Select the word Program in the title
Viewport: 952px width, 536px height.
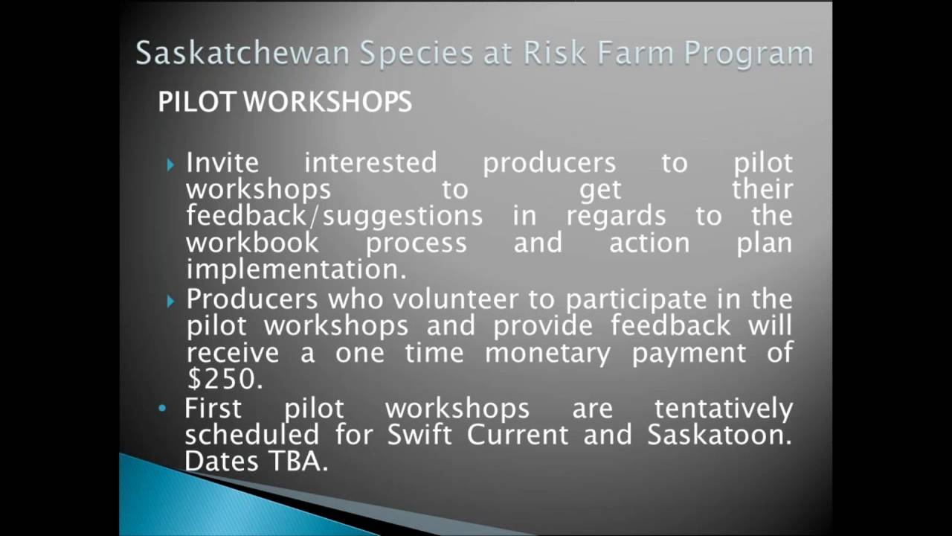click(748, 54)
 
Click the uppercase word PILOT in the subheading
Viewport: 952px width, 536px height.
click(196, 102)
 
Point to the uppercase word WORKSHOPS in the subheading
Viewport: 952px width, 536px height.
click(327, 102)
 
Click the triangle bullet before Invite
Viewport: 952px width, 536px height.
click(171, 165)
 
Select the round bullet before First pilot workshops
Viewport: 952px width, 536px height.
click(163, 409)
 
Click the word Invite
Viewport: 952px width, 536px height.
click(222, 162)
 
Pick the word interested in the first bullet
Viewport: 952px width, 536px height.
click(370, 162)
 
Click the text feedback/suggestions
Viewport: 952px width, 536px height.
click(334, 216)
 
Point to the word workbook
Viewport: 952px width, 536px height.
click(253, 243)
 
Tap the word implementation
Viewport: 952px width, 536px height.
click(296, 269)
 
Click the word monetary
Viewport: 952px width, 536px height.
click(547, 353)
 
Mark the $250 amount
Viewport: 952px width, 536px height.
click(224, 380)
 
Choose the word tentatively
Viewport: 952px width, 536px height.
click(724, 408)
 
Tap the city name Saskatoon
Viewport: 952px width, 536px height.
click(718, 435)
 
